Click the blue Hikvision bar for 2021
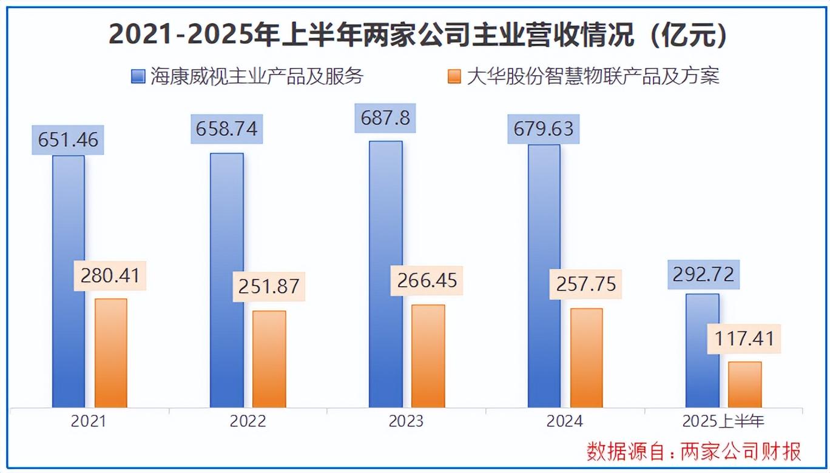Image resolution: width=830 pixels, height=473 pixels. pyautogui.click(x=69, y=281)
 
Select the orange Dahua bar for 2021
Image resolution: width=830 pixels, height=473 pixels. pyautogui.click(x=111, y=353)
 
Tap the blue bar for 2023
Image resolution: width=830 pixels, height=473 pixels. pyautogui.click(x=386, y=274)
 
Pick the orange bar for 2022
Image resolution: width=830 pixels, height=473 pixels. pyautogui.click(x=269, y=359)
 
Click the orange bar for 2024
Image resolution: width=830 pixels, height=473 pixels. pyautogui.click(x=587, y=358)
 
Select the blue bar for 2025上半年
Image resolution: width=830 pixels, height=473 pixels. pyautogui.click(x=703, y=351)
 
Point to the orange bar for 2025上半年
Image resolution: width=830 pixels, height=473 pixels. pyautogui.click(x=745, y=384)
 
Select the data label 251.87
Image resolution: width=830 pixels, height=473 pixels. pyautogui.click(x=269, y=286)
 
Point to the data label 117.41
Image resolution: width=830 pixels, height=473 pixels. pyautogui.click(x=745, y=337)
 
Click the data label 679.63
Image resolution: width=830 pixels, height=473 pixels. pyautogui.click(x=544, y=129)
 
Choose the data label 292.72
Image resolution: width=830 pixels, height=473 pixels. pyautogui.click(x=703, y=275)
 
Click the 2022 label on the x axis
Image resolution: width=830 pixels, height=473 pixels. pyautogui.click(x=248, y=421)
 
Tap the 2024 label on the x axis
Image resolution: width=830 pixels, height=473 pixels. pyautogui.click(x=564, y=421)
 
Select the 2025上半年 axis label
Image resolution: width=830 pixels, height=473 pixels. pyautogui.click(x=723, y=421)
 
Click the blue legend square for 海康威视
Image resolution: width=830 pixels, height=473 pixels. pyautogui.click(x=138, y=77)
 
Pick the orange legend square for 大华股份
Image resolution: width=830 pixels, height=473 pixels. pyautogui.click(x=453, y=77)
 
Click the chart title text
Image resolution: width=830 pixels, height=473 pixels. pyautogui.click(x=419, y=35)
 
